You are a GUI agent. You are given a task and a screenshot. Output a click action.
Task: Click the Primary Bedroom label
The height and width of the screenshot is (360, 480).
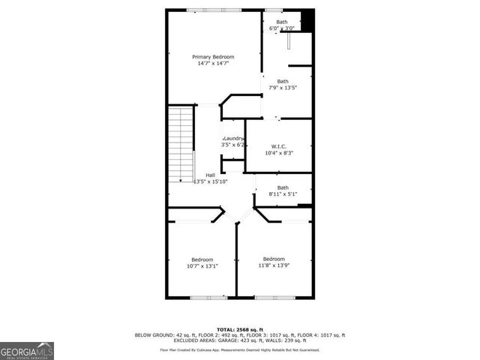point(213,57)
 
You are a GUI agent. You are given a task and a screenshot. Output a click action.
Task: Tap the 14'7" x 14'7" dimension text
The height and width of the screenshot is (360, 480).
point(213,64)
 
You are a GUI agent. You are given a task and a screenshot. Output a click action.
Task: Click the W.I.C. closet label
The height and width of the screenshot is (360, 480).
point(279,146)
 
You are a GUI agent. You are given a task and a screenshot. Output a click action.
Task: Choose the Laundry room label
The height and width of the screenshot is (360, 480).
point(233,138)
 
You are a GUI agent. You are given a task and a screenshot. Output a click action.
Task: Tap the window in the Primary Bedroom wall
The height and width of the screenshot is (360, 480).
point(213,10)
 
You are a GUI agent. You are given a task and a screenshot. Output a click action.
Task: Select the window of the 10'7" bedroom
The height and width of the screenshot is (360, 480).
point(208,298)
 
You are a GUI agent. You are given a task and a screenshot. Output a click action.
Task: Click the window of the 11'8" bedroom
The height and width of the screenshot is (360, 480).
point(274,298)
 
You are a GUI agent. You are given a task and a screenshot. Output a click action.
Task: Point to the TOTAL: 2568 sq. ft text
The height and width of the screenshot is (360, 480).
point(239,329)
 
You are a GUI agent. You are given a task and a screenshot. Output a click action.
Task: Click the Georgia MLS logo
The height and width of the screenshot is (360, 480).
point(27,351)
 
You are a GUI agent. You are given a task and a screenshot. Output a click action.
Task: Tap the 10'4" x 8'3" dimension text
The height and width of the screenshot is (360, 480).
point(279,153)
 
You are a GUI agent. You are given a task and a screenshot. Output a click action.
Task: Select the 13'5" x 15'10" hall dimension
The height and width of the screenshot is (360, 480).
point(211,181)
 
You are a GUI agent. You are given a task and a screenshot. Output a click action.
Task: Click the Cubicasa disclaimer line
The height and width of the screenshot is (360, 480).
point(239,349)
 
